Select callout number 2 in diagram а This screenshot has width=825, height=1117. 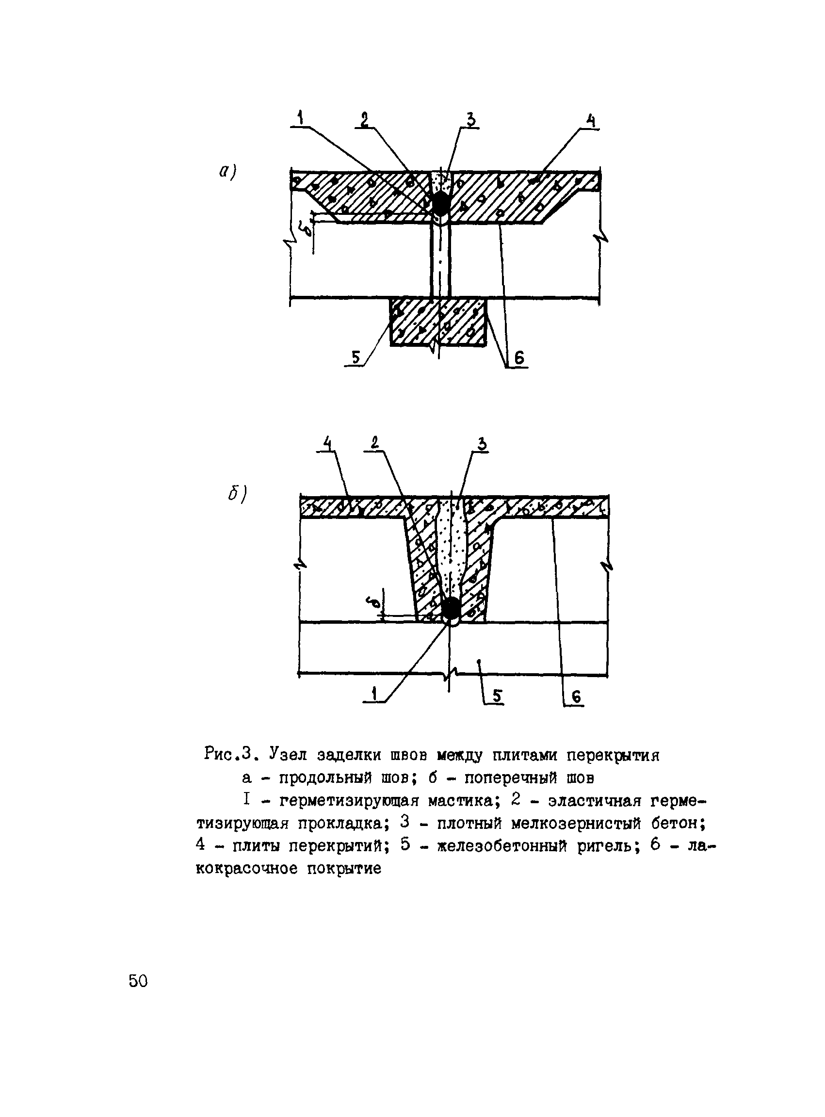point(365,120)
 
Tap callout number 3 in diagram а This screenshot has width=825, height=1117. point(470,120)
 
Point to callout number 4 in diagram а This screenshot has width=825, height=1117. point(591,121)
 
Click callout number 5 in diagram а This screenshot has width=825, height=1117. point(356,357)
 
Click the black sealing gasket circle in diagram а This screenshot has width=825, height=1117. point(440,203)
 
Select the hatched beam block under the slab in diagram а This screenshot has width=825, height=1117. point(438,322)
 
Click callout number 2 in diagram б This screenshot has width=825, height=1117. point(374,442)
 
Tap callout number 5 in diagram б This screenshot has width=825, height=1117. point(497,696)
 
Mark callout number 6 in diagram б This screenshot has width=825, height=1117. point(576,696)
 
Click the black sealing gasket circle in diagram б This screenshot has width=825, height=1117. point(451,608)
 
